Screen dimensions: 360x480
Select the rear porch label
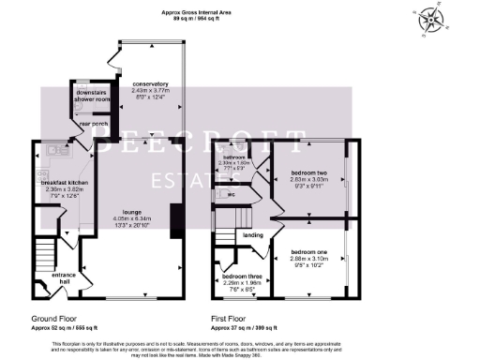pyautogui.click(x=92, y=123)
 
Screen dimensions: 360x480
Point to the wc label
pyautogui.click(x=231, y=194)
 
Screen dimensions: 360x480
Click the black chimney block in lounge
pyautogui.click(x=175, y=215)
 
